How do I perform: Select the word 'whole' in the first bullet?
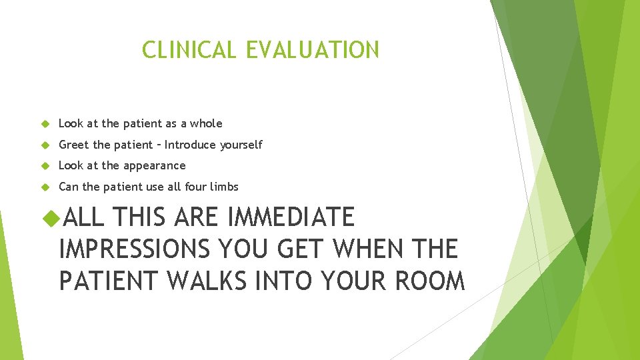point(206,123)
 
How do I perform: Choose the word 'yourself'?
point(241,145)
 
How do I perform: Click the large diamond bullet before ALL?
point(50,218)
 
